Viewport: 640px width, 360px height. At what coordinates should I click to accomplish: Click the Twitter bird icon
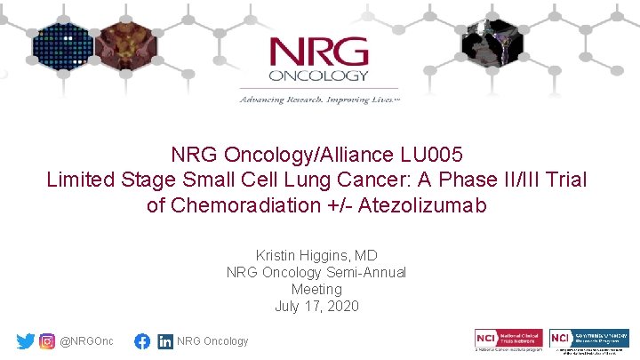[x=26, y=341]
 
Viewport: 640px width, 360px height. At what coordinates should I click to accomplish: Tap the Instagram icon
[x=47, y=341]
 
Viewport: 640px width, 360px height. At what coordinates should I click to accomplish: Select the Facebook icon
[x=142, y=341]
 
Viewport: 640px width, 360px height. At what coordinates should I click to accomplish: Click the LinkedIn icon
[x=165, y=341]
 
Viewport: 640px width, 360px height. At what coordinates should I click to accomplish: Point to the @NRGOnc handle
[x=86, y=341]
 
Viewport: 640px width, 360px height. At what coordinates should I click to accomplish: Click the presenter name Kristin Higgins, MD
[x=316, y=256]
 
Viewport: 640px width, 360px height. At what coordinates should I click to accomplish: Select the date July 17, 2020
[x=316, y=307]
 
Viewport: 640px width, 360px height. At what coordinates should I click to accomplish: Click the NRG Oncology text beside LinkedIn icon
[x=213, y=341]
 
